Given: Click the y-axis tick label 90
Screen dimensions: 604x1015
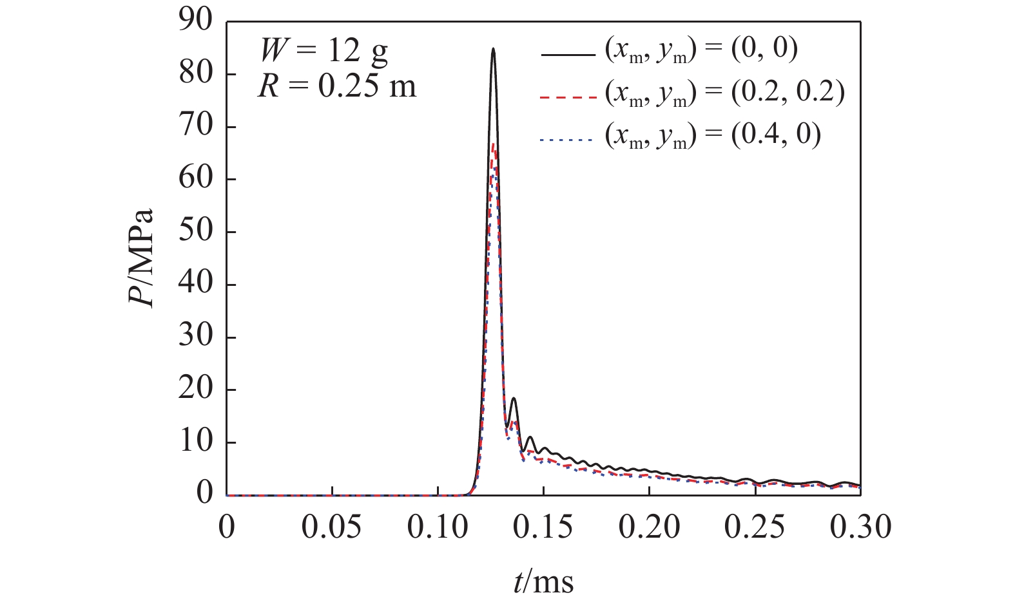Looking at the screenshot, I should (195, 22).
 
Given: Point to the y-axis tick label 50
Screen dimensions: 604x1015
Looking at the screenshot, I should (195, 232).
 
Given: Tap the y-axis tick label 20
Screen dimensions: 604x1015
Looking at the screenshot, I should (195, 390).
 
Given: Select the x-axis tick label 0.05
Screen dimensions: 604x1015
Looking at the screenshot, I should (332, 527).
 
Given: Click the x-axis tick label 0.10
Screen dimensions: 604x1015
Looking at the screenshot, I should (438, 527).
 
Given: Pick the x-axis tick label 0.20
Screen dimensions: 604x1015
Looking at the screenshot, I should (649, 527).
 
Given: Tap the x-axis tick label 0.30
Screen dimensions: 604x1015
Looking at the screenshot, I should (860, 527).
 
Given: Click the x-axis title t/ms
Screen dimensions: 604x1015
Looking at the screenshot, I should (543, 581).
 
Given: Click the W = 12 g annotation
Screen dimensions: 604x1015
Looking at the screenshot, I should (324, 50).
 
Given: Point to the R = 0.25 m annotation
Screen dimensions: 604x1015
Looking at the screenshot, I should (337, 86).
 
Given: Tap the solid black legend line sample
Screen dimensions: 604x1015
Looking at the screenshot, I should (566, 55).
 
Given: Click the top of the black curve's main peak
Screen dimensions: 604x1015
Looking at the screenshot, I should (493, 48).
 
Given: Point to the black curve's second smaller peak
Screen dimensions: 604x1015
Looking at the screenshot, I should (514, 399).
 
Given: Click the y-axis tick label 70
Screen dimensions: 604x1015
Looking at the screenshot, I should (195, 127).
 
